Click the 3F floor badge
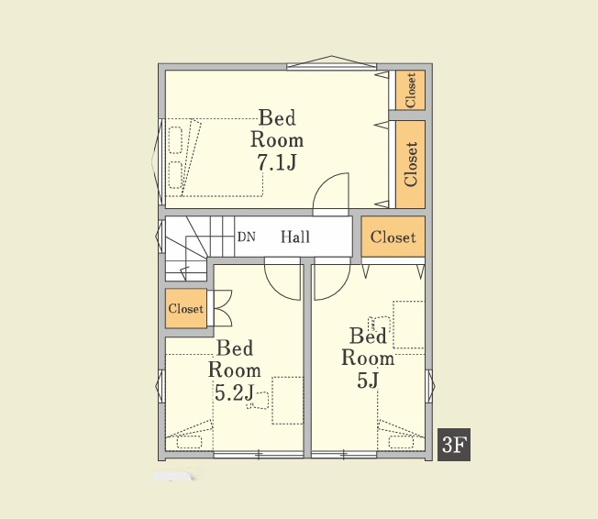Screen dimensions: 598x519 coord(453,444)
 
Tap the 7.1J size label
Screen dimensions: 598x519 coord(277,163)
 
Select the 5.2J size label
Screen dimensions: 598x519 coord(234,392)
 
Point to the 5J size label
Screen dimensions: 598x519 coord(368,380)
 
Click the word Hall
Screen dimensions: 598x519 coord(295,237)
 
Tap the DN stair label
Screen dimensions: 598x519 coord(247,237)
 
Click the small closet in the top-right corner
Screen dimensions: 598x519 coord(410,91)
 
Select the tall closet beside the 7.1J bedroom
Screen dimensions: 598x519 coord(410,164)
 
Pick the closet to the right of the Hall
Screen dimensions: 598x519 coord(393,237)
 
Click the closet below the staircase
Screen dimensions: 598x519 coord(186,308)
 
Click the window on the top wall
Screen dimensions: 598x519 coord(331,63)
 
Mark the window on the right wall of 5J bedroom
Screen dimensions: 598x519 coord(430,386)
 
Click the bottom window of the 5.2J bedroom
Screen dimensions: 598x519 coord(259,455)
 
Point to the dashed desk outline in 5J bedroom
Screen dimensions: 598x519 coord(409,325)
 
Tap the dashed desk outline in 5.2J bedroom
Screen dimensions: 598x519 coord(288,401)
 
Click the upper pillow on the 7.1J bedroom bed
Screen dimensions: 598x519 coord(175,140)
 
